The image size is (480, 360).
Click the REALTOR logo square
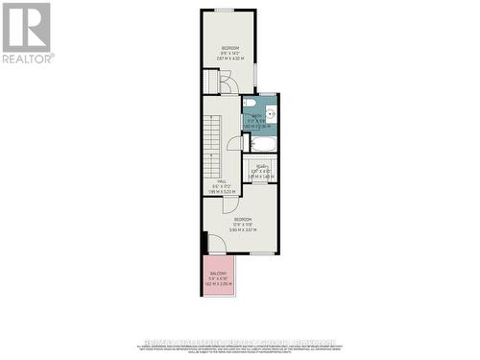[26, 27]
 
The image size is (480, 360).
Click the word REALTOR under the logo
[28, 59]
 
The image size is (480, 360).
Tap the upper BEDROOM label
[230, 48]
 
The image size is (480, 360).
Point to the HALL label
[221, 180]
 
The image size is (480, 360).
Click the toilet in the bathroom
[249, 103]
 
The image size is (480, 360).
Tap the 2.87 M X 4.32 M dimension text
[229, 60]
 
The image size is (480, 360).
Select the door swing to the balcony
[217, 249]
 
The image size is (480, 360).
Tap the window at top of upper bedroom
[225, 10]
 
